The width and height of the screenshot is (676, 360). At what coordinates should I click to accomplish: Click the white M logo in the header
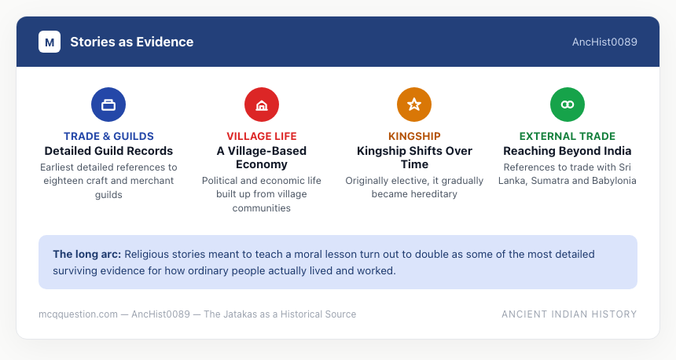50,42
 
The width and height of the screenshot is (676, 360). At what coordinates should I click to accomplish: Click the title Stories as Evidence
131,42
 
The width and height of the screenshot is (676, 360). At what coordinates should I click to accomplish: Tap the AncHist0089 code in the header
604,42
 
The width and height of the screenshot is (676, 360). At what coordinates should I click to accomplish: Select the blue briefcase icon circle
108,105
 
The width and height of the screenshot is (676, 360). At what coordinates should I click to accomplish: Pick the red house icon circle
262,105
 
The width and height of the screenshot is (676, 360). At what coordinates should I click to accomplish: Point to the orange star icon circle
414,105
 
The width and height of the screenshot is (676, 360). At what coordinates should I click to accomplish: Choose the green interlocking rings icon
568,105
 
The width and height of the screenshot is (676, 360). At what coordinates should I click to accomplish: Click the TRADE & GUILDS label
108,136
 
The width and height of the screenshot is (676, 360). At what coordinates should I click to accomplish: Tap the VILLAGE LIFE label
262,136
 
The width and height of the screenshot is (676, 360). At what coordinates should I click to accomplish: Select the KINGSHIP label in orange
414,136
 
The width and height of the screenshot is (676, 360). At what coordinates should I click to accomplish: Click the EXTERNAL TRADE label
568,136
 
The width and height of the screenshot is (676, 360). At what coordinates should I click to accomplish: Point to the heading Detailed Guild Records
108,151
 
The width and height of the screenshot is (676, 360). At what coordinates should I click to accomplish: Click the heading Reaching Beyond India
568,151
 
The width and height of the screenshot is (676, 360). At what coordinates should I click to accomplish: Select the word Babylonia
614,181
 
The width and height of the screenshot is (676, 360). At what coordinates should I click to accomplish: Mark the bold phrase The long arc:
87,255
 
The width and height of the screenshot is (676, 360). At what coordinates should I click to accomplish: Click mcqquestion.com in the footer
78,314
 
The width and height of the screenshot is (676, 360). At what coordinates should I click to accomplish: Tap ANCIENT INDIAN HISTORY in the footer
569,314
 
